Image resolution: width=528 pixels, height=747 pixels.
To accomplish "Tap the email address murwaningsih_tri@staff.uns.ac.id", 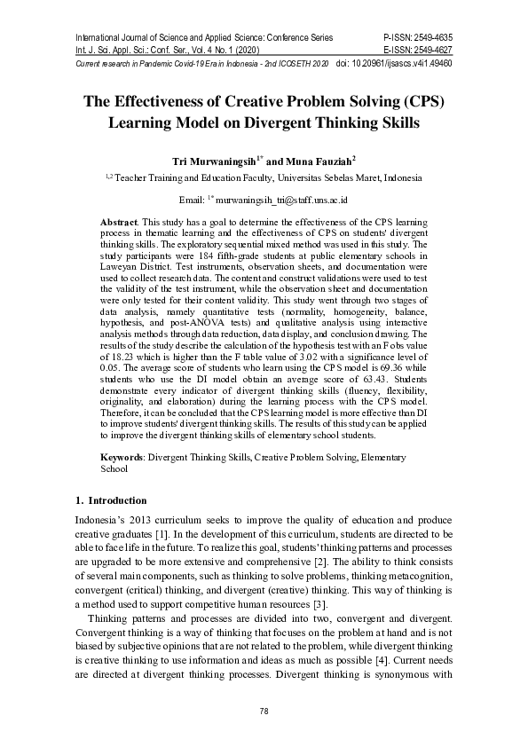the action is (x=281, y=201).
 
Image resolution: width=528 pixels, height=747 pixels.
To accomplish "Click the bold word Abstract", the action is (x=118, y=220).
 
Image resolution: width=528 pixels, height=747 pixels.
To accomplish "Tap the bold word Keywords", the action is (x=122, y=457).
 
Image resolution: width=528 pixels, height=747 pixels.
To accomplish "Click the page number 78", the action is (x=264, y=712).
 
